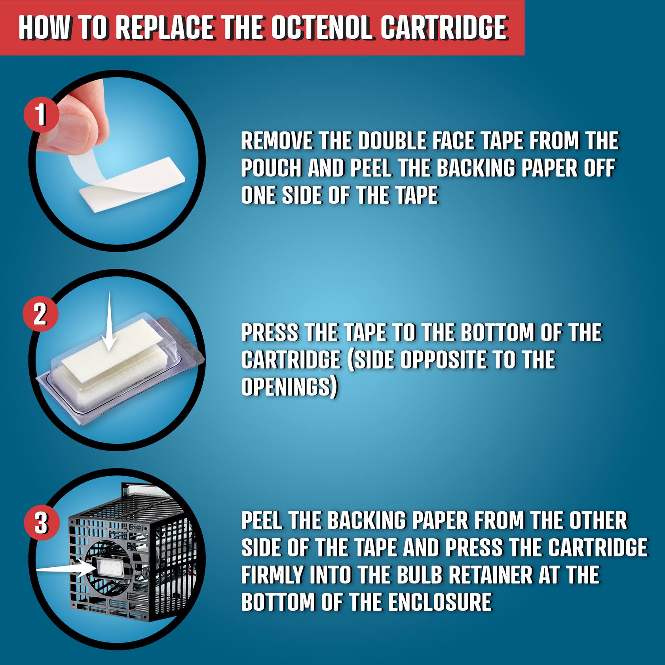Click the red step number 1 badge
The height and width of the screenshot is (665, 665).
[x=41, y=115]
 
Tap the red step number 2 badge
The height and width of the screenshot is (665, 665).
[x=40, y=315]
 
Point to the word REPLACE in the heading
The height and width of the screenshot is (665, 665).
[x=167, y=28]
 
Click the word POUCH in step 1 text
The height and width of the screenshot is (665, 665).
[x=272, y=168]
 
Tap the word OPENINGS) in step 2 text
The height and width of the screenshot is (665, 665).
[x=289, y=387]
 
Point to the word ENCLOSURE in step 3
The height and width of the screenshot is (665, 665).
[x=440, y=602]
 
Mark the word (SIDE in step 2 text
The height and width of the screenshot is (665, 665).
[x=371, y=360]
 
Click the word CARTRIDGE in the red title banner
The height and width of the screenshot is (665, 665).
[x=443, y=28]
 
